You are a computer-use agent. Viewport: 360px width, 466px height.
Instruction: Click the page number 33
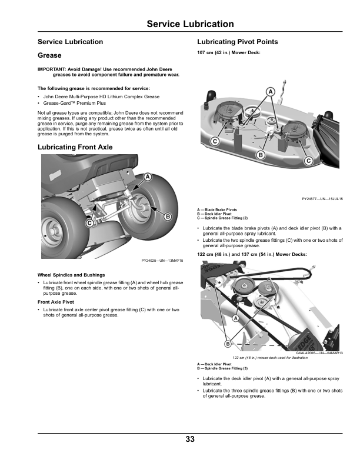pyautogui.click(x=189, y=439)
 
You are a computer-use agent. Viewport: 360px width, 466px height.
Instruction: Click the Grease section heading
pyautogui.click(x=49, y=56)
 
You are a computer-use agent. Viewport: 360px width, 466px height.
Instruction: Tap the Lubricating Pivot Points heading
pyautogui.click(x=237, y=42)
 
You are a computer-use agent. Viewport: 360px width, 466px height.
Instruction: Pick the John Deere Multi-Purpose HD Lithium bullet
pyautogui.click(x=101, y=96)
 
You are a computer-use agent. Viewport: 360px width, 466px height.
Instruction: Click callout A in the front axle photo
pyautogui.click(x=148, y=177)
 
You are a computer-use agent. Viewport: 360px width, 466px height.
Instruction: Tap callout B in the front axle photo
pyautogui.click(x=167, y=217)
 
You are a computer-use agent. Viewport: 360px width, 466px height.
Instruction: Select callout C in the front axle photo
pyautogui.click(x=90, y=224)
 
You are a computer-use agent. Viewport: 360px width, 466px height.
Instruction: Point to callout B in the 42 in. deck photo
pyautogui.click(x=260, y=154)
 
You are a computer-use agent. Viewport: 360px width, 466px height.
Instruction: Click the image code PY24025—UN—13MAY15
pyautogui.click(x=162, y=261)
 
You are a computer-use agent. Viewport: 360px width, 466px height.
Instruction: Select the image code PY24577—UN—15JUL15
pyautogui.click(x=322, y=199)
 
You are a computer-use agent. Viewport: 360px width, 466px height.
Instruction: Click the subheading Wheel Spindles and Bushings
pyautogui.click(x=71, y=275)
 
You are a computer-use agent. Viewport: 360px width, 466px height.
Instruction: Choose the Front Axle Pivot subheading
pyautogui.click(x=56, y=302)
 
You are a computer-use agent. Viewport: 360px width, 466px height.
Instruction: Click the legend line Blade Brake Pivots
pyautogui.click(x=219, y=209)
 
